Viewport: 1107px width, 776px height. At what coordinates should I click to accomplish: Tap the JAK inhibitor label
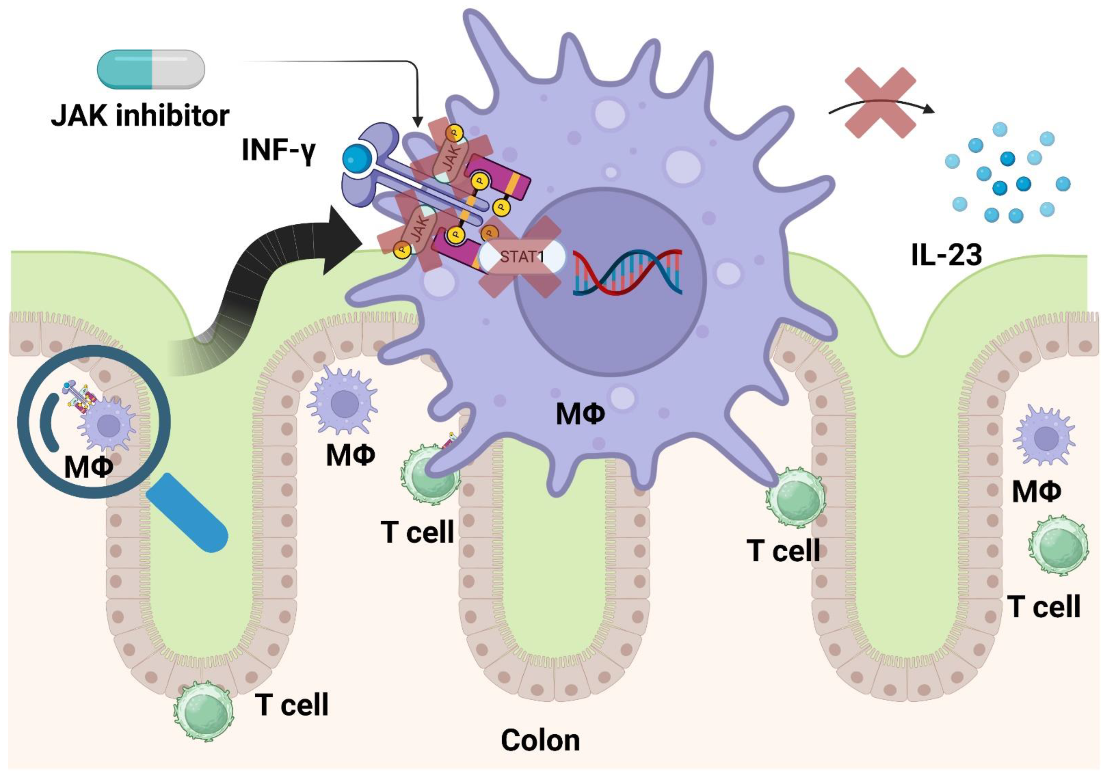click(x=140, y=116)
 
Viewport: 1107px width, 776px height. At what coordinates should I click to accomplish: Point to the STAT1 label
click(x=522, y=256)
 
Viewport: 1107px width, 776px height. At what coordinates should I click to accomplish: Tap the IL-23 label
click(x=946, y=254)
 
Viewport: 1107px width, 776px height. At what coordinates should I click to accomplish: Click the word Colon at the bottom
click(x=540, y=740)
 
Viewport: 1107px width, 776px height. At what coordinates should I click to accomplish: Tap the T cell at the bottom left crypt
click(x=203, y=710)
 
